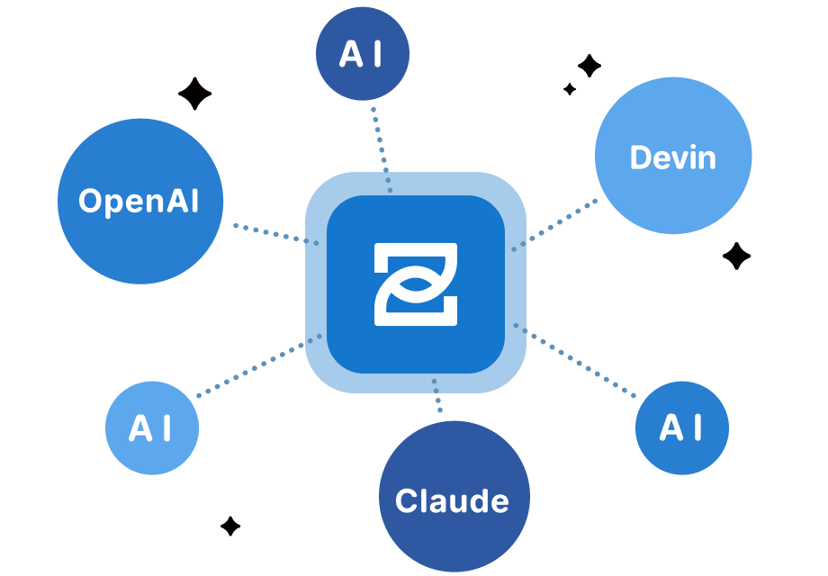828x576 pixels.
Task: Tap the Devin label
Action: coord(673,157)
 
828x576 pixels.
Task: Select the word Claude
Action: coord(452,500)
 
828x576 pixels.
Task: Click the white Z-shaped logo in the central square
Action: coord(416,283)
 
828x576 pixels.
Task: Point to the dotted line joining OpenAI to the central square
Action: coord(274,233)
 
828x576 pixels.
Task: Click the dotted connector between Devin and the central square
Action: coord(560,223)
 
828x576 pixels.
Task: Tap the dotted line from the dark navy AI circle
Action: coord(381,144)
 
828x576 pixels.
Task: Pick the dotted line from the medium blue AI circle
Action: coord(576,359)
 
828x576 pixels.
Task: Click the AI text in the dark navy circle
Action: coord(361,55)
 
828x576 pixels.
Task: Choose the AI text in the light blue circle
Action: coord(150,428)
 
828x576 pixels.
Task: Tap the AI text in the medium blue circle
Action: coord(681,428)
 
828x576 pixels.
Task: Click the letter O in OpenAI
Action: coord(90,201)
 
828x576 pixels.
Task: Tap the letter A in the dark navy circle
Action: coord(351,55)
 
